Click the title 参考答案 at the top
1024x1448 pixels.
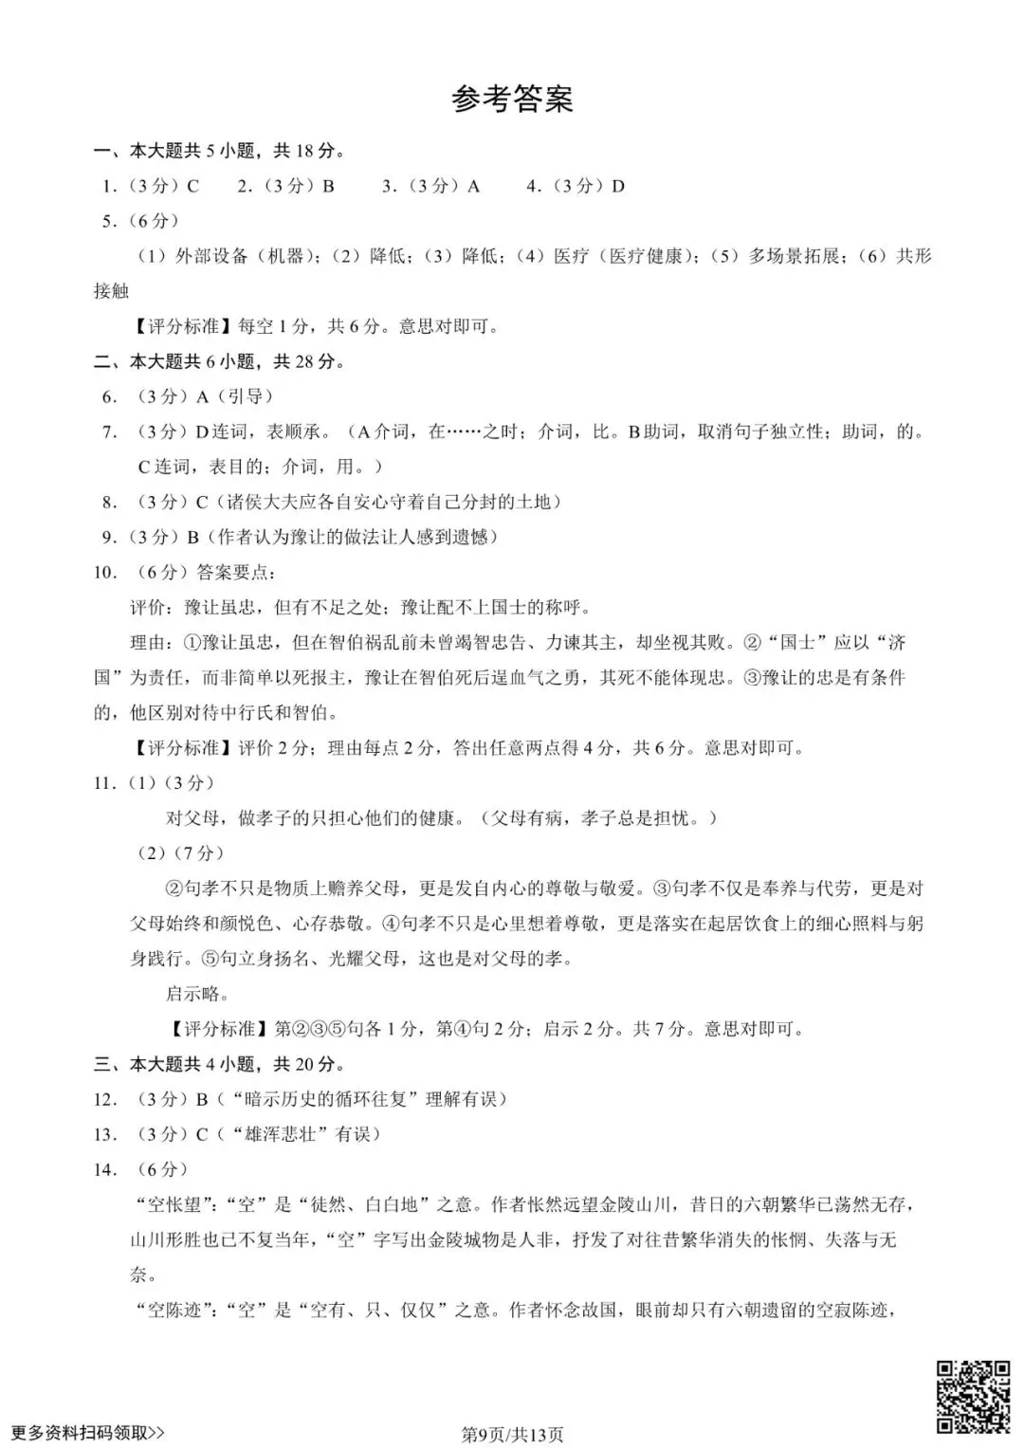pos(512,99)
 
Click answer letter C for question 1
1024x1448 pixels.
pos(192,186)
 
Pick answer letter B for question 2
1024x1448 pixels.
pos(328,186)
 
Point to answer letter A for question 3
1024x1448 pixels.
pos(473,186)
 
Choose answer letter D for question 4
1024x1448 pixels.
pos(618,186)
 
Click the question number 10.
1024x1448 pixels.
pos(105,572)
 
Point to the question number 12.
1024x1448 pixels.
pos(105,1099)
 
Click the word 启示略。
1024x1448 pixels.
pos(198,994)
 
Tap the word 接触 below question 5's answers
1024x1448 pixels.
pos(111,291)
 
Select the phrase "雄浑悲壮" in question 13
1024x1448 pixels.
pos(272,1134)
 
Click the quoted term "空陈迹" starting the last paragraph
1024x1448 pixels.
pos(177,1311)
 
